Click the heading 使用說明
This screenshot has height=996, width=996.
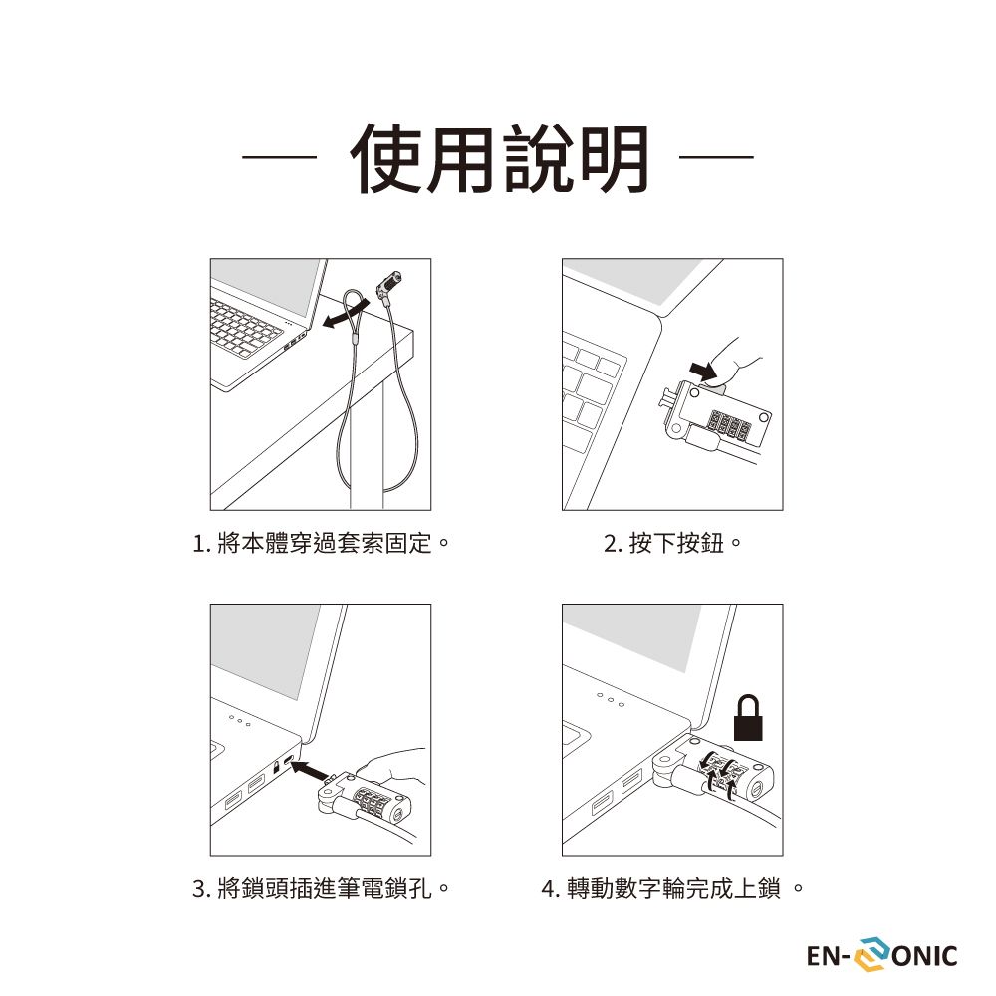point(499,158)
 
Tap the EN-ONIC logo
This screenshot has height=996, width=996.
point(881,955)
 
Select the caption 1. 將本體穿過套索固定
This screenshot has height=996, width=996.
point(321,543)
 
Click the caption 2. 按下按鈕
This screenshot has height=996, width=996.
point(672,543)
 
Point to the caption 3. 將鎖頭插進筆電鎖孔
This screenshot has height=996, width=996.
point(321,888)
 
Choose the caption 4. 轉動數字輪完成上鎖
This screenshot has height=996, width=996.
point(672,888)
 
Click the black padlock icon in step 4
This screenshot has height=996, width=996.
point(748,718)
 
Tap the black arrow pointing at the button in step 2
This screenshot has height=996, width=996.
point(704,371)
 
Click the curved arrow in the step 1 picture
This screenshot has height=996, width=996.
point(345,315)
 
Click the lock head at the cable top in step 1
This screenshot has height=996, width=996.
point(389,283)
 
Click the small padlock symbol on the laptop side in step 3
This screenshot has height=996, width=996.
point(276,766)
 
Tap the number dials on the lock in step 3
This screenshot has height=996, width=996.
point(374,802)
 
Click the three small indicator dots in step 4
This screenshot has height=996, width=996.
point(611,700)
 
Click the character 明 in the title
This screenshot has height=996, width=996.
point(615,158)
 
